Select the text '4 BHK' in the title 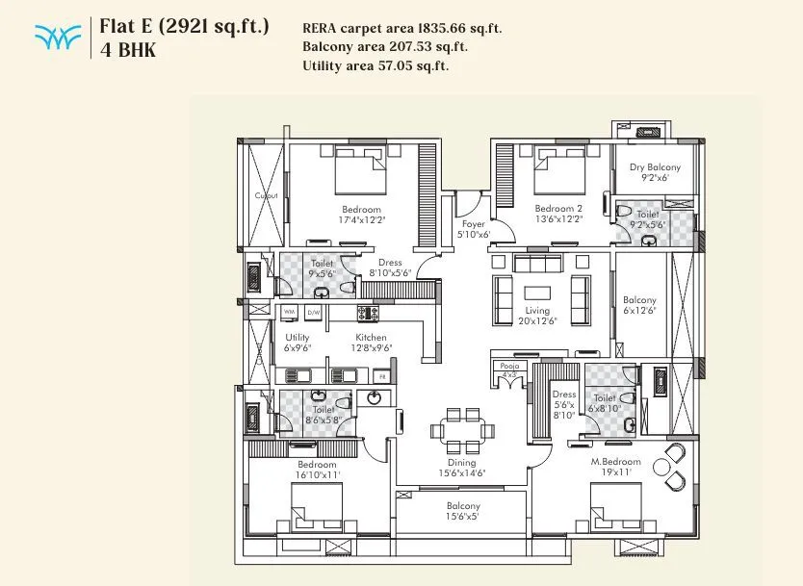point(128,50)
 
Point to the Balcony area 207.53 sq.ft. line point(384,46)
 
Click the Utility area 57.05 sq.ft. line point(375,65)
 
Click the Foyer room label point(472,224)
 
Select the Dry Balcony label point(655,167)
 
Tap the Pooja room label point(507,367)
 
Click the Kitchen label point(371,338)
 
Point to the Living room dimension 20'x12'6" point(537,322)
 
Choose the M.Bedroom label point(616,464)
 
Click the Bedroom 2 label point(558,209)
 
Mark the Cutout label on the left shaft point(266,195)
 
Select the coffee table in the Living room point(537,292)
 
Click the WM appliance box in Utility point(289,313)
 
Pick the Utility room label point(298,338)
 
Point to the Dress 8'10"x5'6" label point(390,262)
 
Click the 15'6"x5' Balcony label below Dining point(462,506)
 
